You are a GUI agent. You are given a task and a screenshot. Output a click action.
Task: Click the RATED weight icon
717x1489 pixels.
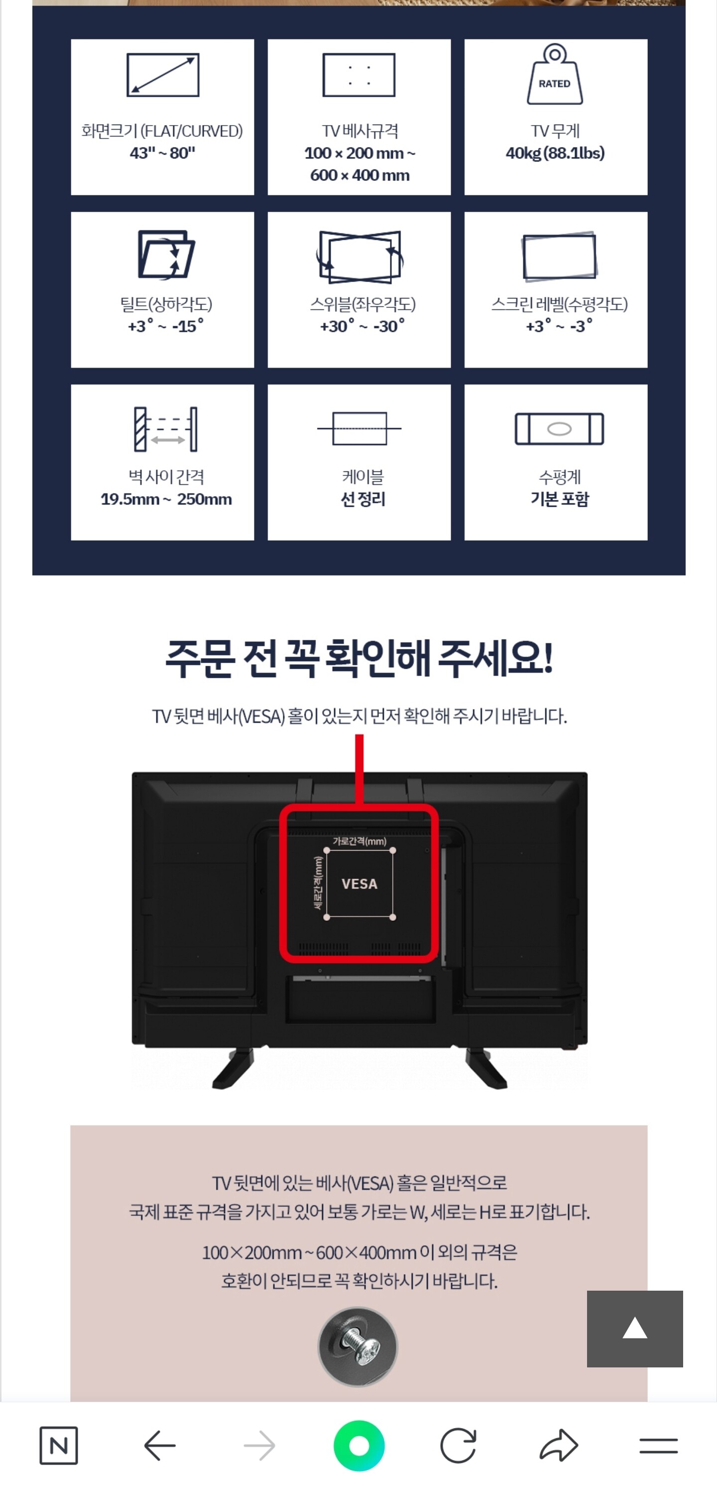point(555,75)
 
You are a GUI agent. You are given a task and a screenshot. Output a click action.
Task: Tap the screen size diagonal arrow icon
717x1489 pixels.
point(163,75)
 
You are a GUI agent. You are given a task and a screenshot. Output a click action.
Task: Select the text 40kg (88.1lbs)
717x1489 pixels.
point(555,153)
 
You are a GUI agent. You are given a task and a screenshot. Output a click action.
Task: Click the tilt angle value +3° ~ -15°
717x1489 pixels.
point(166,326)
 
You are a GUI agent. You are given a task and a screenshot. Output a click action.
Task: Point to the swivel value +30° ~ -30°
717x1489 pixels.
point(362,326)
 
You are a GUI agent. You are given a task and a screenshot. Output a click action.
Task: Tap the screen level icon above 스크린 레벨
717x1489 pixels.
point(559,257)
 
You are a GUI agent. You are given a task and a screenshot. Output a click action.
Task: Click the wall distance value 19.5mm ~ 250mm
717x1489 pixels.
point(166,499)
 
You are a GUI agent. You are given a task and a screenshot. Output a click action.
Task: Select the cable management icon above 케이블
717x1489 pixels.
point(359,429)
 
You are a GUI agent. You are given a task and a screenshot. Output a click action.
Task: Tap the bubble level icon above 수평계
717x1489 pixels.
point(559,429)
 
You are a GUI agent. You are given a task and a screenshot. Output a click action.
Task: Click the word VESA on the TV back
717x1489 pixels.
point(359,884)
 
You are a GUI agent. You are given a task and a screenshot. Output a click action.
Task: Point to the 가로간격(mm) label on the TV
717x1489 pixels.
point(359,841)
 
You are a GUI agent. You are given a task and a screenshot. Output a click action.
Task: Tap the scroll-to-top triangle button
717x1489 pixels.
point(634,1329)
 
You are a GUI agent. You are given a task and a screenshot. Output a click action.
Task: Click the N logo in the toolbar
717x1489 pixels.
point(58,1446)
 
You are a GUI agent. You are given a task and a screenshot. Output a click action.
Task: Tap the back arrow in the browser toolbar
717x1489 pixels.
point(159,1446)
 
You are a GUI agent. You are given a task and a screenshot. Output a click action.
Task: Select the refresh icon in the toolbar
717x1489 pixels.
point(458,1446)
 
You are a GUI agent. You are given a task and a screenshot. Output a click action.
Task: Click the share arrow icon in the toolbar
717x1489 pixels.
point(559,1446)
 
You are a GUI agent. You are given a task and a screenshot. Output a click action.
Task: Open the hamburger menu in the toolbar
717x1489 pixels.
point(659,1446)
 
